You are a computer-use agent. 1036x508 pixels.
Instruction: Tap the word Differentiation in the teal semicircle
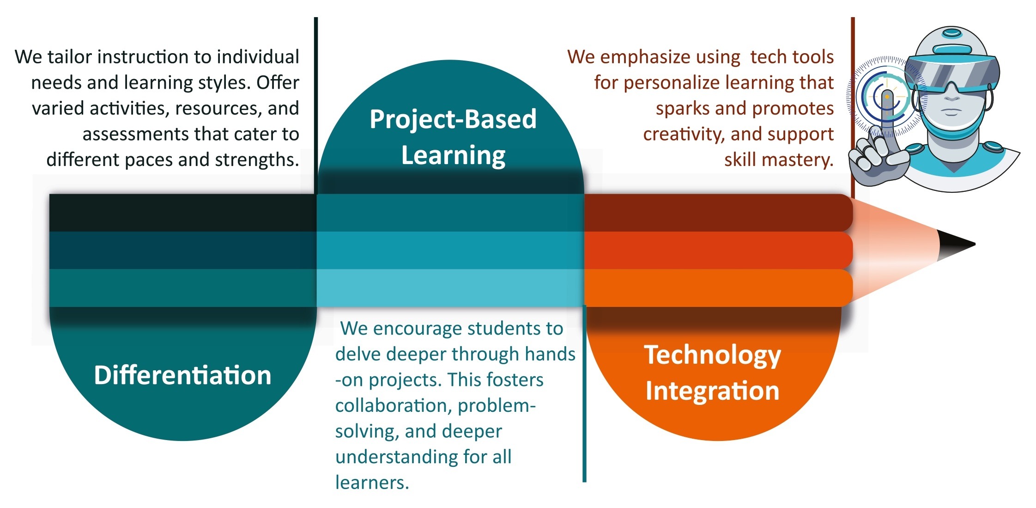[x=182, y=375]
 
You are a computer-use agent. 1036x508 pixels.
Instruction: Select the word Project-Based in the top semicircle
[x=453, y=119]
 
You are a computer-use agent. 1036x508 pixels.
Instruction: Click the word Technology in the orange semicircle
[x=713, y=356]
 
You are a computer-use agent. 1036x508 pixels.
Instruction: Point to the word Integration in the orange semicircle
[x=713, y=391]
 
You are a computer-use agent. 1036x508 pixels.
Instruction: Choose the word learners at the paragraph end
[x=372, y=483]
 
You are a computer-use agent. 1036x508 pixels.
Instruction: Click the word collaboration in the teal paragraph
[x=394, y=405]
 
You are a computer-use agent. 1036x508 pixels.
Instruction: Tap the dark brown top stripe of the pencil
[x=718, y=213]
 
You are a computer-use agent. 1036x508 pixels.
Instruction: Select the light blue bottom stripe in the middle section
[x=450, y=288]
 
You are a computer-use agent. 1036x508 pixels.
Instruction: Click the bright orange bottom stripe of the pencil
[x=718, y=288]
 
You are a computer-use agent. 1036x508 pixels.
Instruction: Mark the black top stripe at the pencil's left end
[x=183, y=213]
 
